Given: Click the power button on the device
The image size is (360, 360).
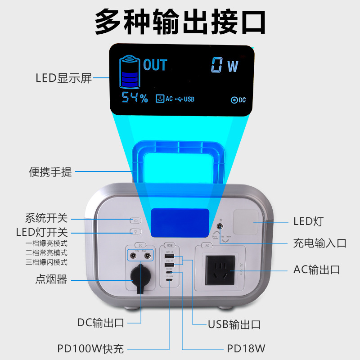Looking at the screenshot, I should click(x=135, y=220).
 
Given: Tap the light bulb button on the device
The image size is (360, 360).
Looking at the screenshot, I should click(x=135, y=232).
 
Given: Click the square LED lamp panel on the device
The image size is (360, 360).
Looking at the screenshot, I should click(x=246, y=223).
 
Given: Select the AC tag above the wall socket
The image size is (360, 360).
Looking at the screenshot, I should click(x=207, y=245).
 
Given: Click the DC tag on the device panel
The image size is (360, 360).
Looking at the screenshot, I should click(x=140, y=245).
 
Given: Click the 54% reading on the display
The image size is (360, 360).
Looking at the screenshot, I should click(x=134, y=98).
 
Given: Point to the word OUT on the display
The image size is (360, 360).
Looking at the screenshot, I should click(x=155, y=65).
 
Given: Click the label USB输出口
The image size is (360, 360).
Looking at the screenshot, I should click(x=234, y=324).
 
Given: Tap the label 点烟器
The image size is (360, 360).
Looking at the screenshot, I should click(x=51, y=279).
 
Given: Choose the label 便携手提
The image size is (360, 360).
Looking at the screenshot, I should click(x=50, y=172).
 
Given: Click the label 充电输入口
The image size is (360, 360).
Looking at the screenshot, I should click(x=320, y=243).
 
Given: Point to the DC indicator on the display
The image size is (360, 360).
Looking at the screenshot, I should click(x=238, y=100).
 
